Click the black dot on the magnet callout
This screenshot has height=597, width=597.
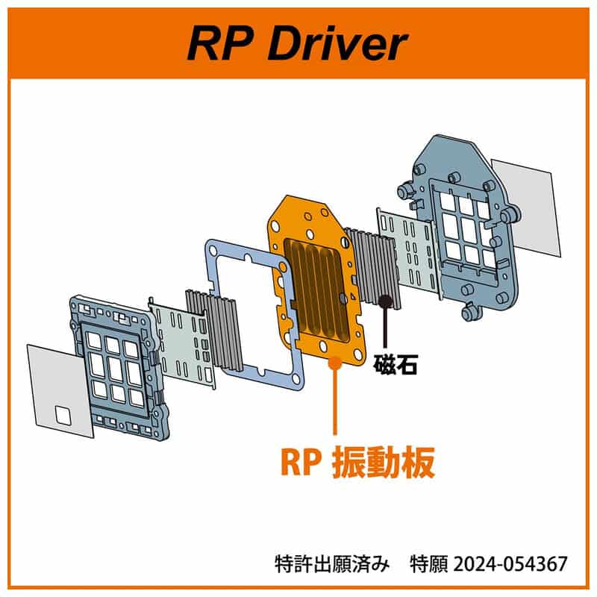385,301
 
